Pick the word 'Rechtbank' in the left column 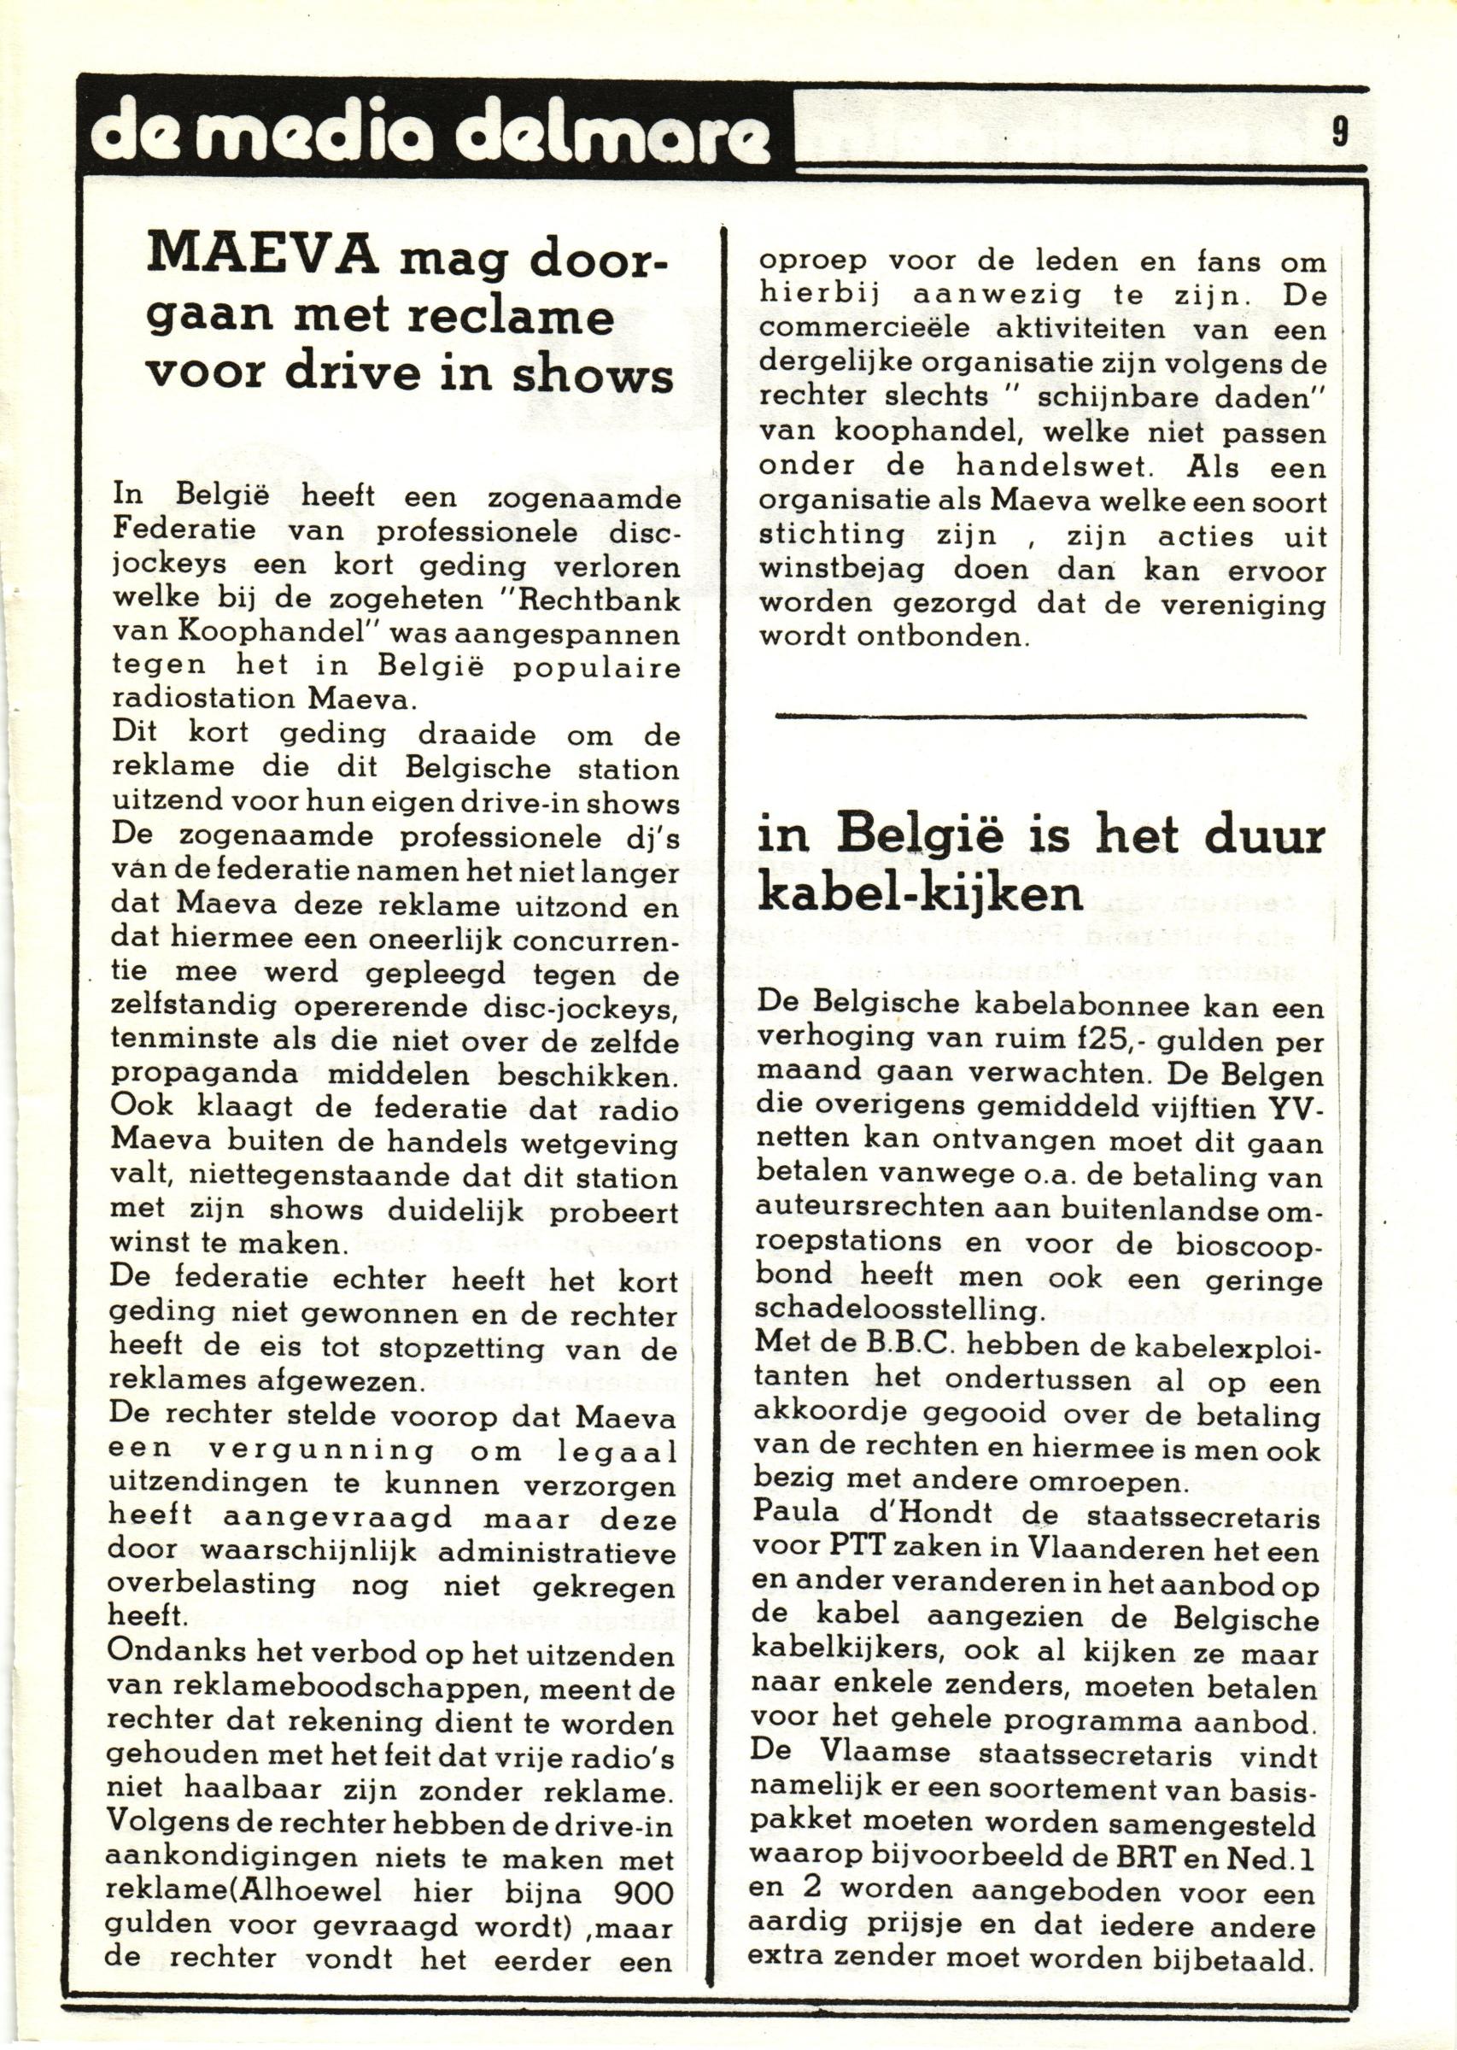tap(603, 600)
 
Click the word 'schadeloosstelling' tap(899, 1309)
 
